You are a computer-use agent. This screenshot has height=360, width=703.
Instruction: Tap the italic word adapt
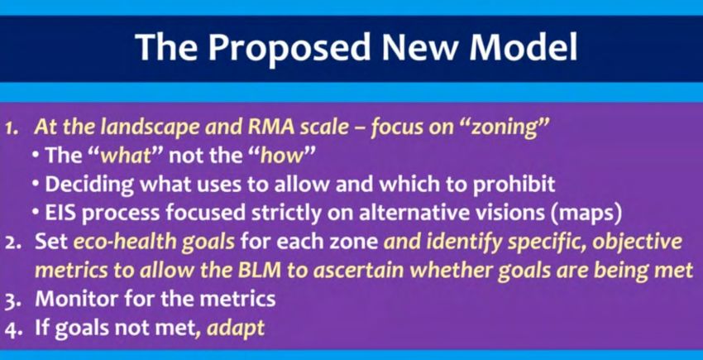236,328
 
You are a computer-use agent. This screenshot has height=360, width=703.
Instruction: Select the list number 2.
11,243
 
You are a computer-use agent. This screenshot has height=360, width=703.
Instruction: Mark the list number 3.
12,300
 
